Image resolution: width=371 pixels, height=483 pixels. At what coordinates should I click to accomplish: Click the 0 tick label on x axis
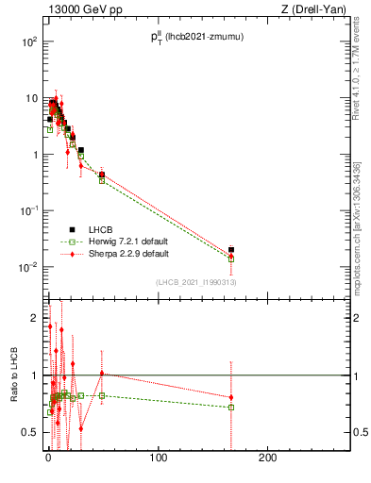pyautogui.click(x=48, y=458)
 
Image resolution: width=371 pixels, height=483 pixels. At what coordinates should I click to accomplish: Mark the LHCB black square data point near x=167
pyautogui.click(x=231, y=250)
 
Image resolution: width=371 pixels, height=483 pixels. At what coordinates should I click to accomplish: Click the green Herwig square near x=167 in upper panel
pyautogui.click(x=231, y=258)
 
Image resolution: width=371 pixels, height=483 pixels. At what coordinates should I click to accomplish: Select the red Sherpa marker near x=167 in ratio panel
pyautogui.click(x=231, y=397)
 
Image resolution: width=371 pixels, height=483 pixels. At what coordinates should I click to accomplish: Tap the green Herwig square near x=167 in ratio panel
pyautogui.click(x=231, y=408)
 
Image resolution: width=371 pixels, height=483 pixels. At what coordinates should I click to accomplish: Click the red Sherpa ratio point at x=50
pyautogui.click(x=102, y=374)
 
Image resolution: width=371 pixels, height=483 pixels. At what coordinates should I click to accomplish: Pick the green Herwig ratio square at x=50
pyautogui.click(x=102, y=395)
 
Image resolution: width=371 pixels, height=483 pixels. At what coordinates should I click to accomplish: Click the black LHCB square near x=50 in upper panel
pyautogui.click(x=102, y=175)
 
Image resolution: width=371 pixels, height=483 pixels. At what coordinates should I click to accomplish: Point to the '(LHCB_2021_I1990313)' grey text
pyautogui.click(x=194, y=283)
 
